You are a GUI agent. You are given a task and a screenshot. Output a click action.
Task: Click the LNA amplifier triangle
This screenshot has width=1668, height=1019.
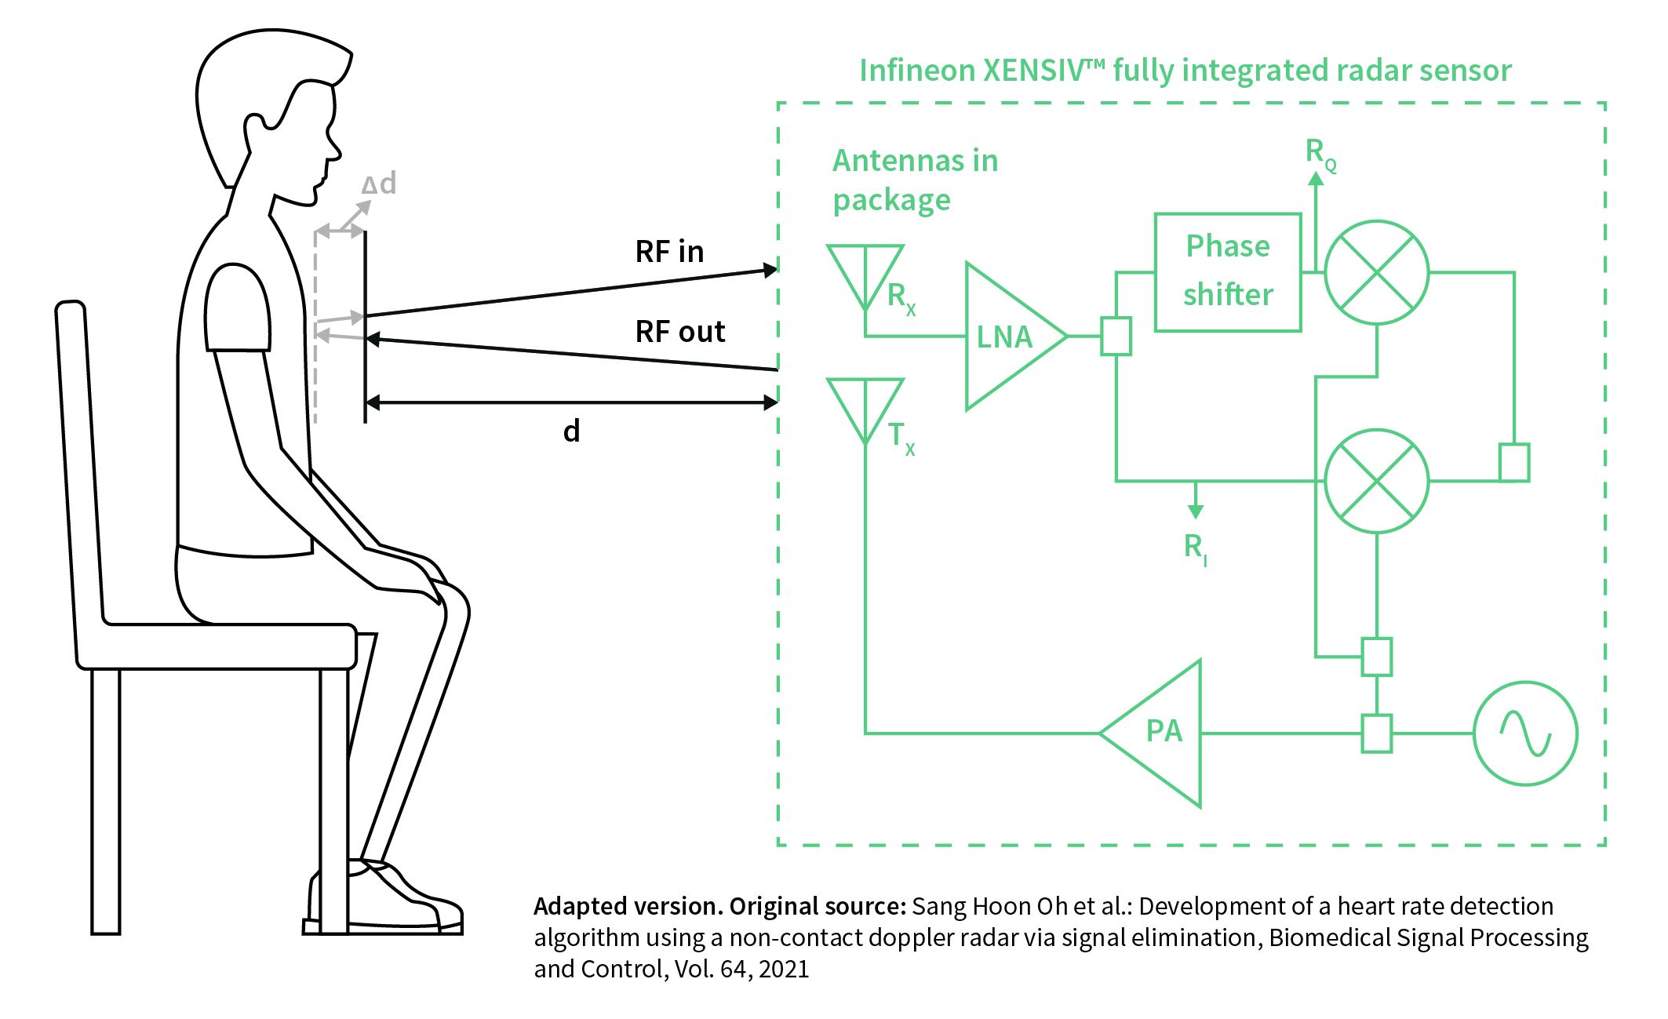click(1008, 337)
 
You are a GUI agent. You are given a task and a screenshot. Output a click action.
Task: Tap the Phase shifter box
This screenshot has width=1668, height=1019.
click(1227, 271)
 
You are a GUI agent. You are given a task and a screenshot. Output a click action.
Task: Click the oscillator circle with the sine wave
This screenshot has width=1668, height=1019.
click(1524, 733)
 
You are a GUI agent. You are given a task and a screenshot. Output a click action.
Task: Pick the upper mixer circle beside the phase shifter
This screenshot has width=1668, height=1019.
click(1376, 272)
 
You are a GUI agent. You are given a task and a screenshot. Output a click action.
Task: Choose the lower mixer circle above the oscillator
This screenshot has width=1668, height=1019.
click(1376, 481)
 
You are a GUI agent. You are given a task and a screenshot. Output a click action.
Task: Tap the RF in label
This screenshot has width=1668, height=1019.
click(669, 252)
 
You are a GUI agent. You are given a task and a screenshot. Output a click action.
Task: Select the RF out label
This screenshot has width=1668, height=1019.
click(679, 332)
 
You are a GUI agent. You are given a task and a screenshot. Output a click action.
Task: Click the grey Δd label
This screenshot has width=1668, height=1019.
click(379, 184)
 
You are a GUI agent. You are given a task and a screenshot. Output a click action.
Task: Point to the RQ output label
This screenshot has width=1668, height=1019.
click(1320, 153)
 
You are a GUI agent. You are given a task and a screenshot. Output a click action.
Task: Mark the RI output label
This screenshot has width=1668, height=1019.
click(1194, 548)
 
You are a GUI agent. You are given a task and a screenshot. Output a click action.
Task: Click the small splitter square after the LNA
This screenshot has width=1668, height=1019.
click(1116, 337)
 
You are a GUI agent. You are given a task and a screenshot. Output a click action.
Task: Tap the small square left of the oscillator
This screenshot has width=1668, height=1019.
click(1376, 733)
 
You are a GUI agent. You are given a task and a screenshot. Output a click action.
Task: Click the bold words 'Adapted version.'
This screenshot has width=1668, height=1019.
click(628, 906)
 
